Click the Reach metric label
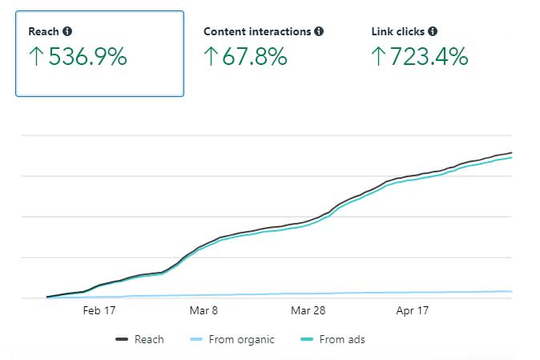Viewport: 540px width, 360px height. [44, 32]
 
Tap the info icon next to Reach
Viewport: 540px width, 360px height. [67, 32]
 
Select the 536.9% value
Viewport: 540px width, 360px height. [87, 57]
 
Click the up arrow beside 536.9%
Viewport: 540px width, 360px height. [36, 58]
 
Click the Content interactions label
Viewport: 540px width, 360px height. [256, 32]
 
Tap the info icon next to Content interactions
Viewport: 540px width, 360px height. [319, 32]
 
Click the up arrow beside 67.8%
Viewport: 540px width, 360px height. [211, 58]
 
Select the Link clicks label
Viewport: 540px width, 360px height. [398, 32]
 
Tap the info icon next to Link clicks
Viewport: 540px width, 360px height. [433, 32]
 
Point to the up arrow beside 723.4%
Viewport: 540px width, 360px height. [379, 58]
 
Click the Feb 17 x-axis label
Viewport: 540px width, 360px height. [99, 310]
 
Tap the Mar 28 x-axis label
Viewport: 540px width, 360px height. [307, 310]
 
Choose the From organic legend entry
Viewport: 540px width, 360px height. [232, 339]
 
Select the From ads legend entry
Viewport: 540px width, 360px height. [334, 339]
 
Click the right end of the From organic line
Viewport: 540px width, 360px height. [510, 291]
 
